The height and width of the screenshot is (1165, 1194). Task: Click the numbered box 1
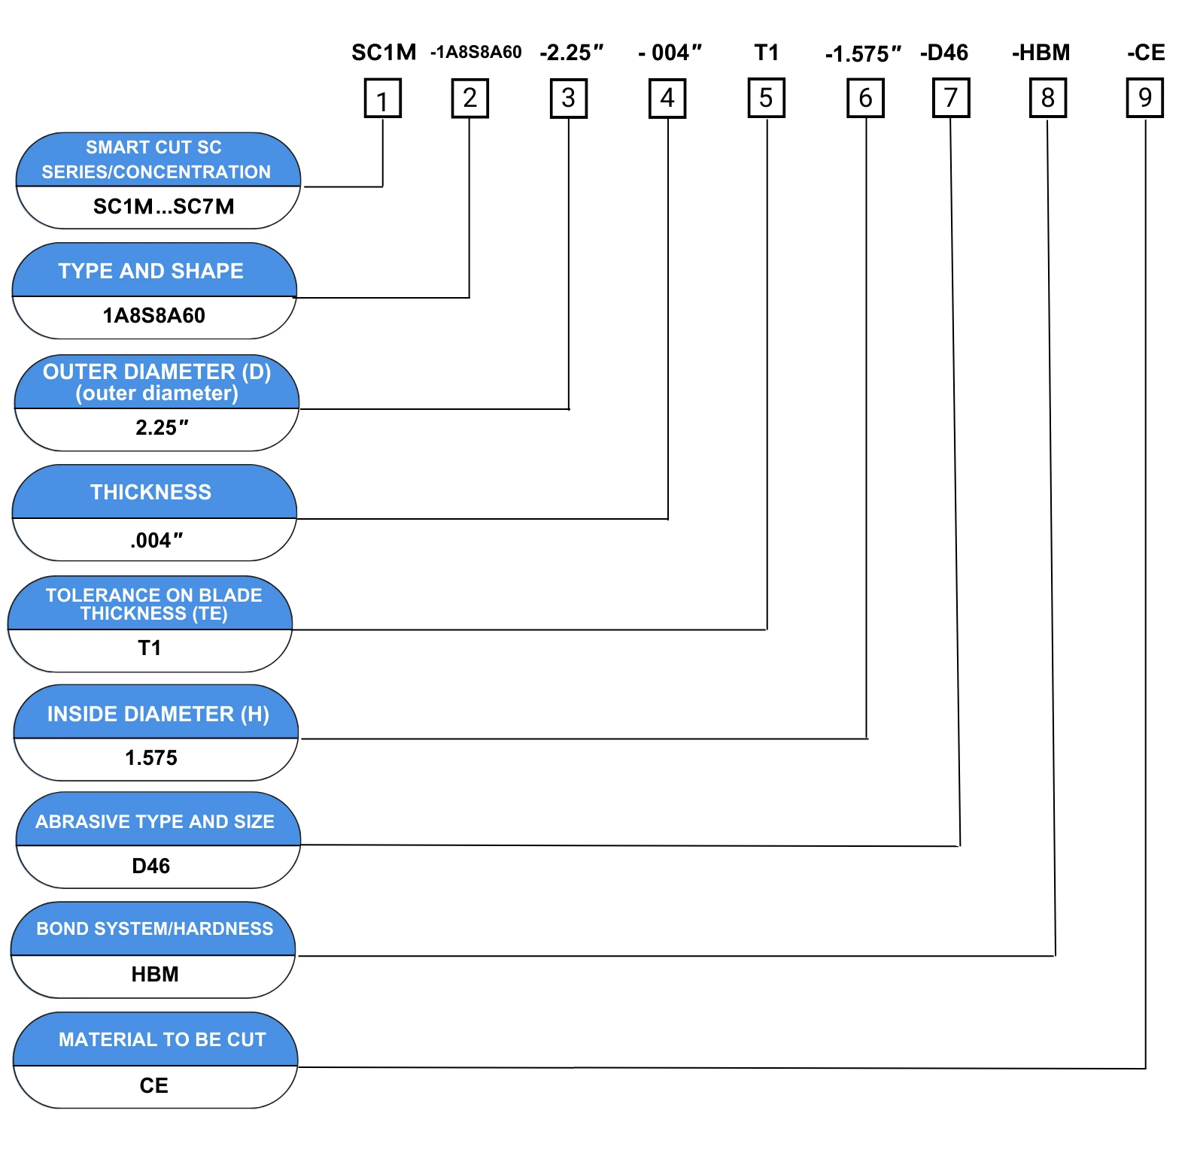click(382, 99)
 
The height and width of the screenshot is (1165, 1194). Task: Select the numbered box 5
click(767, 98)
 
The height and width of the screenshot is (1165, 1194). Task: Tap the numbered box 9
click(1145, 98)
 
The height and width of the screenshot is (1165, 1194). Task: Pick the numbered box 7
click(951, 98)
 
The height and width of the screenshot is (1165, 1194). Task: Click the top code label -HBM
click(1041, 53)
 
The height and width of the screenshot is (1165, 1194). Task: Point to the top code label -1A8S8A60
click(475, 52)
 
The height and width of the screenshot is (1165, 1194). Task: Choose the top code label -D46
click(944, 53)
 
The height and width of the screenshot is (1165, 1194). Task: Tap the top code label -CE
click(1146, 53)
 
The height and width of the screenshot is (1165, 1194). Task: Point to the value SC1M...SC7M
click(163, 206)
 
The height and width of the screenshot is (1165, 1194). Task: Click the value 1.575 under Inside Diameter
click(151, 757)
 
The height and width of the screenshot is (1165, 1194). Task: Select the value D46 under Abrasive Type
click(151, 866)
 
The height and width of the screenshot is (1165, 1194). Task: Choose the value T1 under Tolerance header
click(150, 648)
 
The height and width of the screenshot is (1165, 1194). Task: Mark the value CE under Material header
click(154, 1085)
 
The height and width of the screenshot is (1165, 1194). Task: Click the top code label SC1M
click(384, 53)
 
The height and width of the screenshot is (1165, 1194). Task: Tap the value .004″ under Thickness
click(156, 540)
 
